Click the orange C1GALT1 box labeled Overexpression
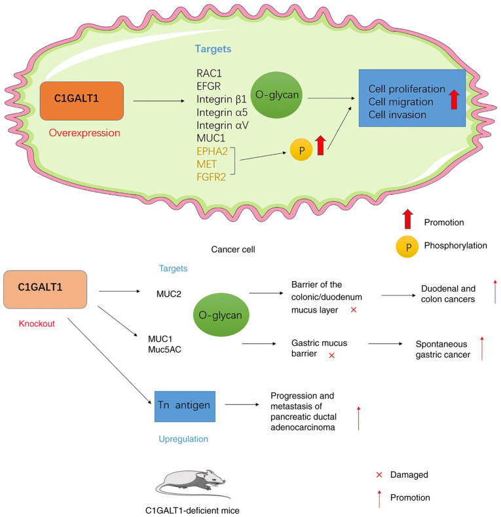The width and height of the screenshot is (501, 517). click(x=82, y=100)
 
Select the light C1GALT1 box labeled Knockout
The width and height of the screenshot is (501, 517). click(x=45, y=289)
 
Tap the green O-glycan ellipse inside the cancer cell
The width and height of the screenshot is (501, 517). click(x=276, y=95)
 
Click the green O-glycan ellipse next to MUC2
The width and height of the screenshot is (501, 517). click(x=221, y=315)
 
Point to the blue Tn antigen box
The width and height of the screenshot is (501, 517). click(x=185, y=406)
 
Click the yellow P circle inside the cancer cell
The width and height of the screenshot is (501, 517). click(x=301, y=150)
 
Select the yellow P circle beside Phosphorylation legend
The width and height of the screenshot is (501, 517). click(x=407, y=246)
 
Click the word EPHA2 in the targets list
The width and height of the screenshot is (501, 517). click(x=212, y=151)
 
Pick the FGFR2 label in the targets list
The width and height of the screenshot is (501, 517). click(x=212, y=177)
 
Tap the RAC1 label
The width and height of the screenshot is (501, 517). click(x=209, y=73)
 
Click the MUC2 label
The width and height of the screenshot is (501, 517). click(x=169, y=294)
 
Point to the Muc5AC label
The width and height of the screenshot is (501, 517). click(x=164, y=349)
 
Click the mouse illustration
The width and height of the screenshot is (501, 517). click(x=193, y=484)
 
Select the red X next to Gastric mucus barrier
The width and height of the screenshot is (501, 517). click(x=332, y=355)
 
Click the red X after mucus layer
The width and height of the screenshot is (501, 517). click(x=354, y=310)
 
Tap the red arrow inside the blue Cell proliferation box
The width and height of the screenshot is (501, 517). click(x=455, y=99)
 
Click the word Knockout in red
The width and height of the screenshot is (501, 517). click(x=37, y=324)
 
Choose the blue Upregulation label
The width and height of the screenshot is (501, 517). click(x=183, y=439)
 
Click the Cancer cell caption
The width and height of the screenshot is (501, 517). click(x=233, y=249)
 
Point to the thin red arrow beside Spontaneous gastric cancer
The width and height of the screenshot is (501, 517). click(x=482, y=348)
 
